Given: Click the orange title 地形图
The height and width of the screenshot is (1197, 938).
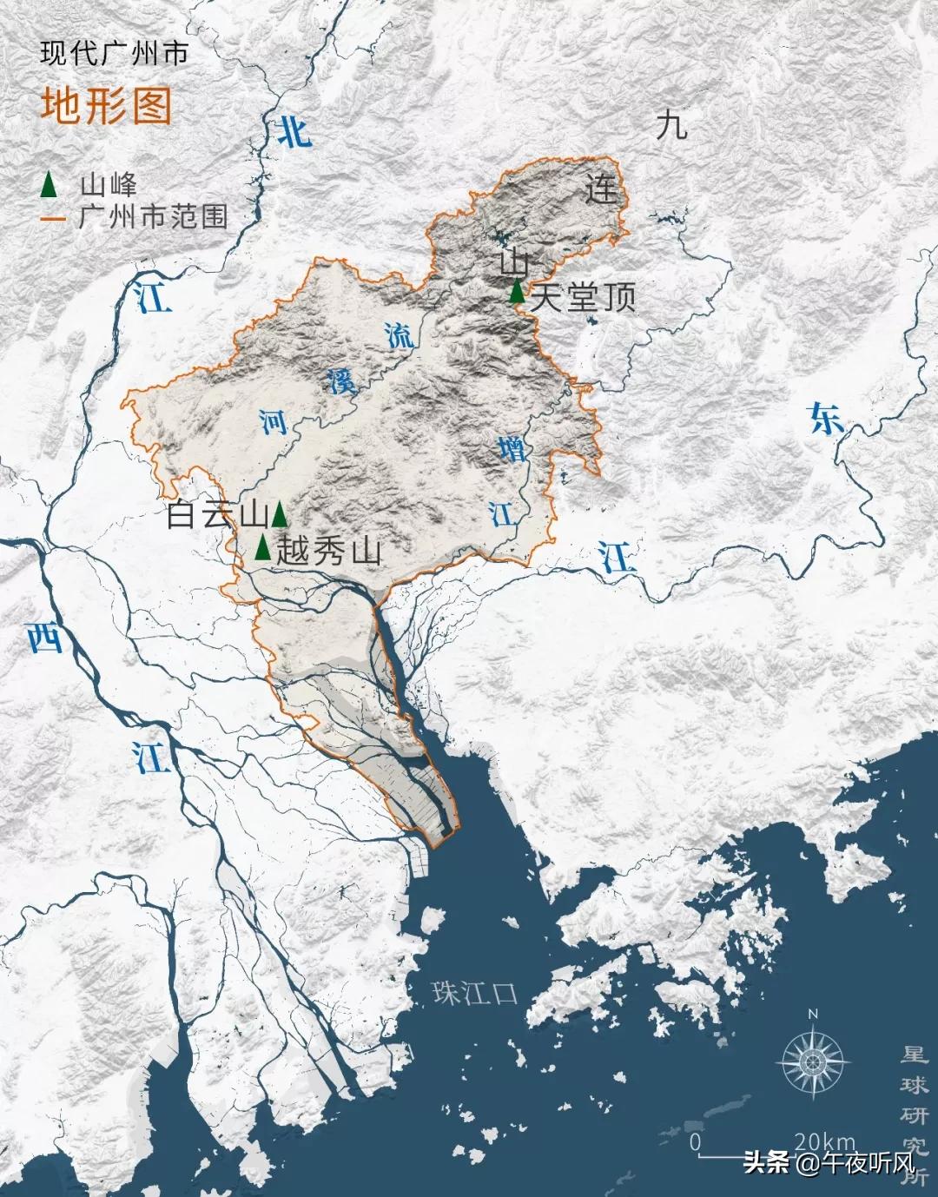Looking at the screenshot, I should [x=106, y=106].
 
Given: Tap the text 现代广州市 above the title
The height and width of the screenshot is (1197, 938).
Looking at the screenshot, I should [x=114, y=54].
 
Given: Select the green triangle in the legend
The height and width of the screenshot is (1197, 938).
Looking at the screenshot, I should [x=50, y=184].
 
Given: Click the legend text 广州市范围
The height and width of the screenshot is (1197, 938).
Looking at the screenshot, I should [x=153, y=216].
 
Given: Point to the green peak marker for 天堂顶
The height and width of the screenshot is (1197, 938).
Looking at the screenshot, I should [x=517, y=293].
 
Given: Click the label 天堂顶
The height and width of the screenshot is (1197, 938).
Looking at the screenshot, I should [x=583, y=298].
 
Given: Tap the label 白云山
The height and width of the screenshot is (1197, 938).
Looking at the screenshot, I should [x=216, y=516].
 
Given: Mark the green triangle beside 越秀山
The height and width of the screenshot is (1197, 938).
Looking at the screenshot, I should [x=262, y=547].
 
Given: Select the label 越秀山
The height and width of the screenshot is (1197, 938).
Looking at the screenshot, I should [x=328, y=552].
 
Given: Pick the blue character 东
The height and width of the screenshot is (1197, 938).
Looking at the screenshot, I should [x=825, y=418].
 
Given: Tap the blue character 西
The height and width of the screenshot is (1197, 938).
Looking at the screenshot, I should [x=44, y=638].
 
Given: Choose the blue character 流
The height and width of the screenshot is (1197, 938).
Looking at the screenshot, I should [x=400, y=335].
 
